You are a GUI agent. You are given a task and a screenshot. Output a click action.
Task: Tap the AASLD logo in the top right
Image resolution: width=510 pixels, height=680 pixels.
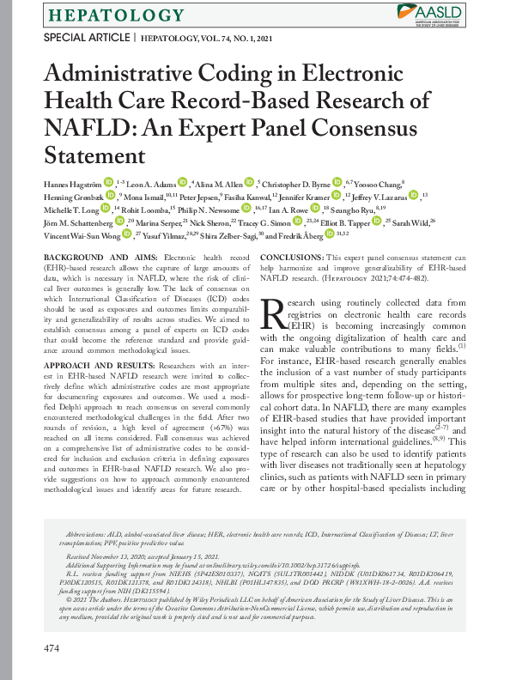coord(432,12)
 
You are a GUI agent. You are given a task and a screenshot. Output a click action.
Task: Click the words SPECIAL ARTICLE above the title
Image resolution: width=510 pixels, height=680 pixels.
coord(86,38)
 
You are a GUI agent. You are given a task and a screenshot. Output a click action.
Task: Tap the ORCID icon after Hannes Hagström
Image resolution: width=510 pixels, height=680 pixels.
coord(109,182)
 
